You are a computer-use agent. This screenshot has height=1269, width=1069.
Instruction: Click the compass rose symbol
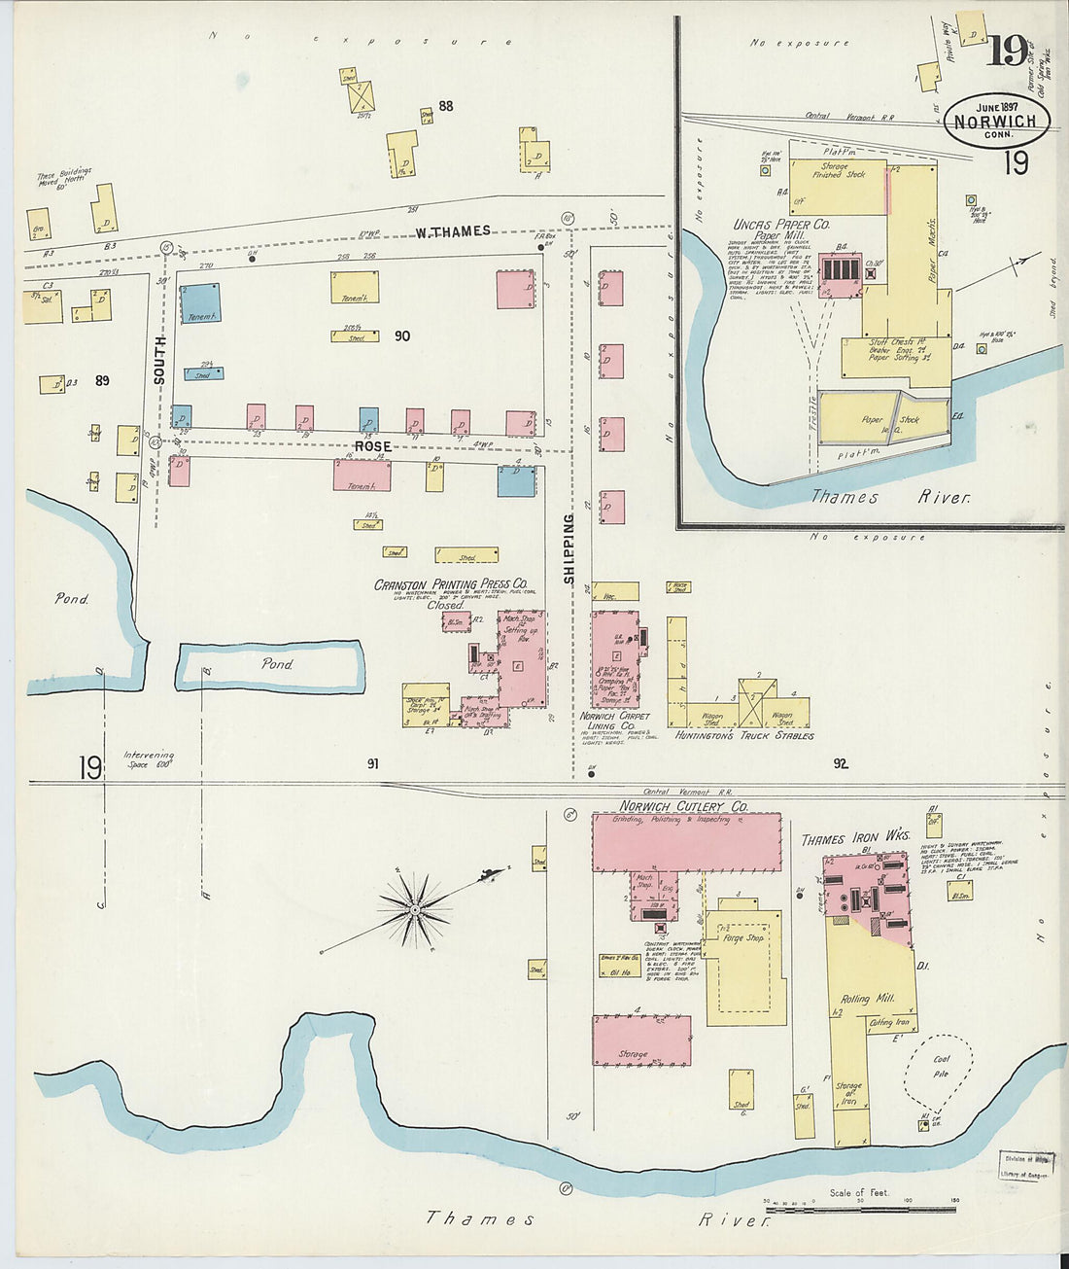[x=415, y=910]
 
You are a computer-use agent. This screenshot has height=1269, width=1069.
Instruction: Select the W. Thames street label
[x=453, y=231]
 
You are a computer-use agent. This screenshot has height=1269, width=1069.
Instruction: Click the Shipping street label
[x=569, y=549]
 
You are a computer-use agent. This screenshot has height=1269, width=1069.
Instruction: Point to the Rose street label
[x=372, y=446]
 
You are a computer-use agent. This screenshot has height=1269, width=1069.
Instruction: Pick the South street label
[x=160, y=361]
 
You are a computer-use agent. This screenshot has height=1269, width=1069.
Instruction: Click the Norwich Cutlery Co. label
[x=684, y=806]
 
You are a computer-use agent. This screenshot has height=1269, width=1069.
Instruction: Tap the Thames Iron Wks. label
[x=854, y=837]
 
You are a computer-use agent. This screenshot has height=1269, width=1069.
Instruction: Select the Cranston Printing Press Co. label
[x=451, y=584]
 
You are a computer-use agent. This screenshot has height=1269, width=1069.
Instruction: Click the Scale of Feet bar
[x=860, y=1209]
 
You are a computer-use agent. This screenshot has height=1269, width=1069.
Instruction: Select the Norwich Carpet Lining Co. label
[x=614, y=721]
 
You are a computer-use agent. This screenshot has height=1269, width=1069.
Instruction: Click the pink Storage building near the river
[x=641, y=1041]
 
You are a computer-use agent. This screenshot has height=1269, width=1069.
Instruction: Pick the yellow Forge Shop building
[x=745, y=968]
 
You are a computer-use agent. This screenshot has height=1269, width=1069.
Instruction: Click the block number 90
[x=401, y=336]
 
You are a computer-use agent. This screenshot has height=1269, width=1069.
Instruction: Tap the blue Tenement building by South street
[x=200, y=302]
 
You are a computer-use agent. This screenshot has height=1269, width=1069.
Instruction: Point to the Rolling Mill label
[x=855, y=1000]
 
